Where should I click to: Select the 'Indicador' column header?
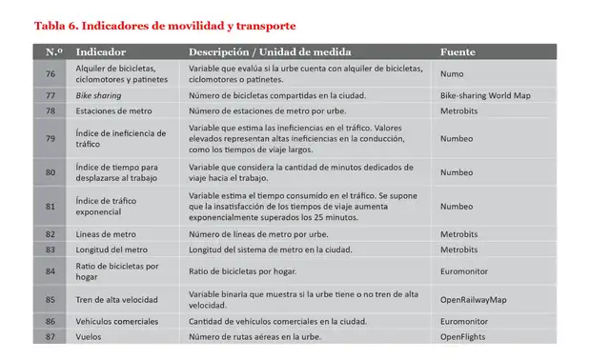[x=100, y=51]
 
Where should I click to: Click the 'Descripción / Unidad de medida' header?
[x=270, y=51]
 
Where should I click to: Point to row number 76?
[x=51, y=73]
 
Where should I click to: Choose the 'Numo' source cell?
[x=453, y=73]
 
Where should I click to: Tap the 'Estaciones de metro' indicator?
[x=113, y=111]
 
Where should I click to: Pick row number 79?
[x=51, y=138]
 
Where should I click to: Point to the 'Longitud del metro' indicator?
[x=113, y=250]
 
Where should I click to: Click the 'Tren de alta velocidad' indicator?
[x=118, y=300]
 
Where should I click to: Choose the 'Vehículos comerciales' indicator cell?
[x=117, y=322]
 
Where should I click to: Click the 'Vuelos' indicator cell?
[x=90, y=337]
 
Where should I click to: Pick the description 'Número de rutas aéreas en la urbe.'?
[x=255, y=337]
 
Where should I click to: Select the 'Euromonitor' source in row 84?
[x=466, y=271]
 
